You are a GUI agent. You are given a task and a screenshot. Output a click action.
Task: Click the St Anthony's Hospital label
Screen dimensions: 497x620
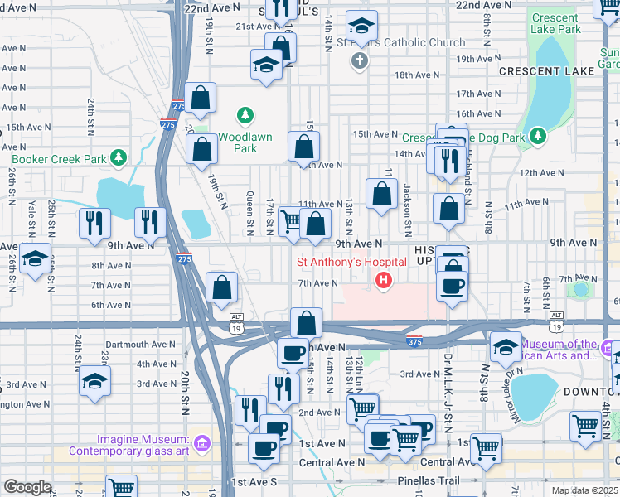351,263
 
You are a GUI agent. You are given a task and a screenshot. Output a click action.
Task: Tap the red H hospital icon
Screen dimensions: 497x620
384,282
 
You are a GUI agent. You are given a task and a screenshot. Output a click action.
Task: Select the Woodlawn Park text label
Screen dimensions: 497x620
238,142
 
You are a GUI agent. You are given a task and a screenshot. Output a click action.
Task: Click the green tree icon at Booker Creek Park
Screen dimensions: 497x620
119,157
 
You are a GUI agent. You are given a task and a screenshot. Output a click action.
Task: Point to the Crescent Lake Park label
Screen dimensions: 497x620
555,23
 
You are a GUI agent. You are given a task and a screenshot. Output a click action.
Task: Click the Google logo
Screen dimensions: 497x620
27,487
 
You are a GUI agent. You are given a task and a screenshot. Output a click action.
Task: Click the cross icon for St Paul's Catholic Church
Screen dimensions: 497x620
359,60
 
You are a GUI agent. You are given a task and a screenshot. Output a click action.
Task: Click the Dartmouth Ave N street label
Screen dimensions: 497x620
140,344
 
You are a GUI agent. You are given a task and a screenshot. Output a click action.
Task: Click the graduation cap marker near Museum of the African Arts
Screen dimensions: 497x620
505,347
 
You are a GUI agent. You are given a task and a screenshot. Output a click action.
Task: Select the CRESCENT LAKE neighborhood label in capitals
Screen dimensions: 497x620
546,71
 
